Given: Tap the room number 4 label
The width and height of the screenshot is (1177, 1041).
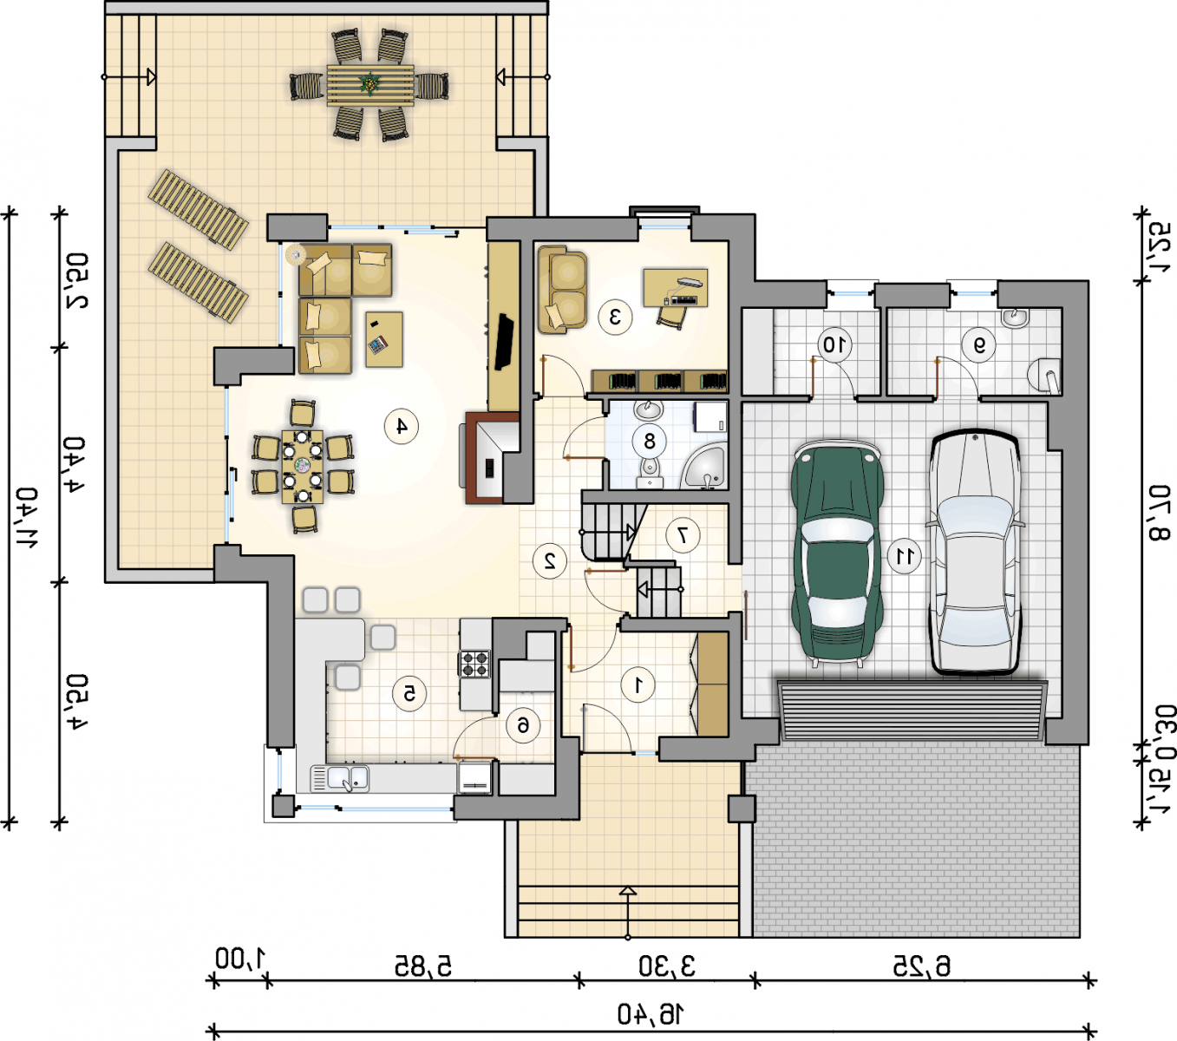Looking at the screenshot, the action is click(402, 427).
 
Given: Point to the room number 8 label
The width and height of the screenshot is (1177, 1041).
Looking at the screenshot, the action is click(650, 442).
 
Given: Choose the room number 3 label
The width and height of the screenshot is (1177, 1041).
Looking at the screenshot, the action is click(615, 317).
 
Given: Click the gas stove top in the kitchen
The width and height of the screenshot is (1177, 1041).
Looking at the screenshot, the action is click(474, 664).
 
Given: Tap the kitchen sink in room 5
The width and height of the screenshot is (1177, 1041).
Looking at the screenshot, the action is click(341, 779).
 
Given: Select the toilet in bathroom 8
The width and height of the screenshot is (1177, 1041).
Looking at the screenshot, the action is click(650, 473).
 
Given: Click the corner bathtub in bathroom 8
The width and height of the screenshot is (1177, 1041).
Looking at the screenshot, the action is click(704, 466).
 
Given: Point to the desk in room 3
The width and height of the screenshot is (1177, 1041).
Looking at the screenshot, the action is click(676, 287).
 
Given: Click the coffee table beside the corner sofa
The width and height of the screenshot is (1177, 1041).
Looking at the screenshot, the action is click(384, 339).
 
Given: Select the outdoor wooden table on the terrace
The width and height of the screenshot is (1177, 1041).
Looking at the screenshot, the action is click(370, 85).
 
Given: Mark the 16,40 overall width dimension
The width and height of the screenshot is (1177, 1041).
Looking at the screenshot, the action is click(651, 1014).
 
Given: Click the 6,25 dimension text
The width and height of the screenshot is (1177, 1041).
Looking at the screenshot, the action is click(922, 966).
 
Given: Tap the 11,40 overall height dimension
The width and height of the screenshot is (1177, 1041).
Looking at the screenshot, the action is click(26, 517).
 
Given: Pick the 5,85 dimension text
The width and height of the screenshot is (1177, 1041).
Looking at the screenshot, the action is click(423, 966).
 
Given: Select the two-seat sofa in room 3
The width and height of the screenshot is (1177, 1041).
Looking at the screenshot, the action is click(562, 290).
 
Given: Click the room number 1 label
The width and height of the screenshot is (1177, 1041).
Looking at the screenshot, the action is click(638, 685).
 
